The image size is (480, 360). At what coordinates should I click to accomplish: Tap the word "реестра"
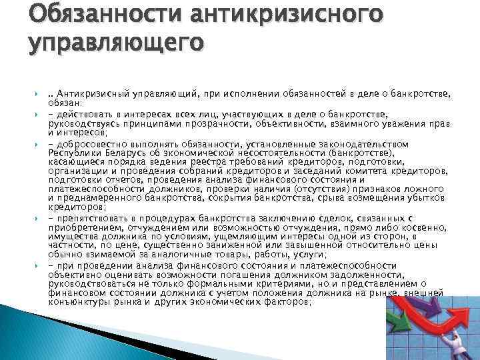[x=227, y=162]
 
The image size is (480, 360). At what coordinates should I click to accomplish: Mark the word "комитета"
[x=369, y=171]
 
